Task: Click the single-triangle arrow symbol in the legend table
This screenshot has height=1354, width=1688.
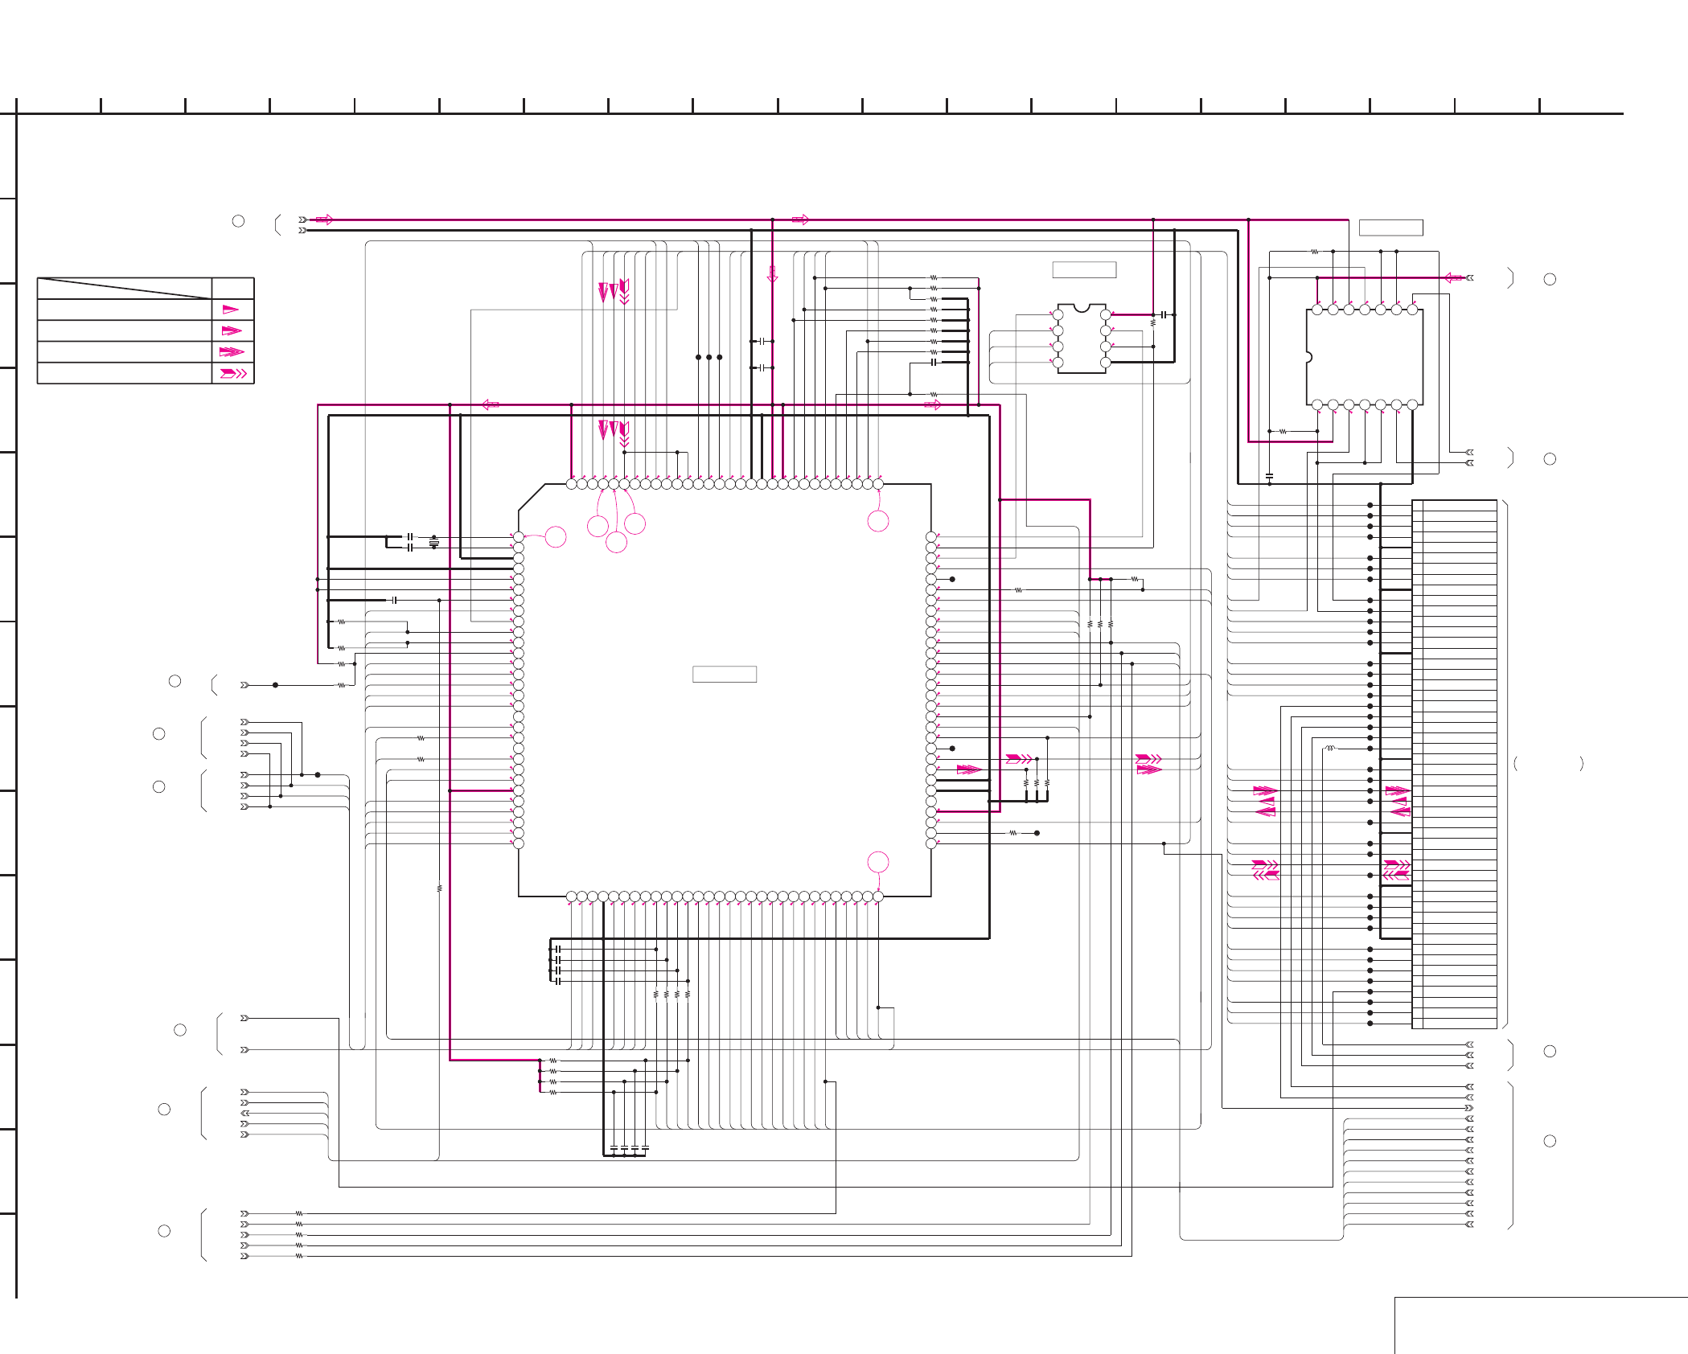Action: tap(231, 310)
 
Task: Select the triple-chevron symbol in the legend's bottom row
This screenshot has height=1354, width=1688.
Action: tap(233, 373)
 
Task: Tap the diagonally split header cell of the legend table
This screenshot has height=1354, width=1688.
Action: tap(125, 288)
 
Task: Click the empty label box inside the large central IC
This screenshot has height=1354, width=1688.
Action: tap(724, 674)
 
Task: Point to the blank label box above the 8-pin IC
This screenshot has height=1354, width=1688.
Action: tap(1084, 270)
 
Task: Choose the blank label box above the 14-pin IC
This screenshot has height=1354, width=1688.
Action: tap(1390, 228)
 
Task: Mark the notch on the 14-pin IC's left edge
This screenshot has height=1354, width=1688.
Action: tap(1308, 357)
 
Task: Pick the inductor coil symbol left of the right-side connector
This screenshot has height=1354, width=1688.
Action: tap(1330, 749)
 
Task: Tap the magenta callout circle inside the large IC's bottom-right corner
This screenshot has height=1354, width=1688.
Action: tap(878, 862)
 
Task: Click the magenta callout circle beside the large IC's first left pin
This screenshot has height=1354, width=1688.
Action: tap(556, 536)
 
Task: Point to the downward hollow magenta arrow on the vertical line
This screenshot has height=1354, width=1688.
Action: tap(772, 274)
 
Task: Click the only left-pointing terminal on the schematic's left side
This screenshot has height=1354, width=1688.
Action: tap(244, 1113)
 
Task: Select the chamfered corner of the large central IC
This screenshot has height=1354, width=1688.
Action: tap(531, 497)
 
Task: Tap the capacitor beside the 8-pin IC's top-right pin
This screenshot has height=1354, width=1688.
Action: tap(1163, 314)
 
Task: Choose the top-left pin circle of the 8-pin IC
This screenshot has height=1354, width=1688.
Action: tap(1058, 314)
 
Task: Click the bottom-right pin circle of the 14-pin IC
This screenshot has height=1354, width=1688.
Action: tap(1412, 404)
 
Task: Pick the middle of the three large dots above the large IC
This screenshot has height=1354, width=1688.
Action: tap(708, 357)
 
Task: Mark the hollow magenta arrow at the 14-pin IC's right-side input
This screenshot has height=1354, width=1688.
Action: tap(1453, 278)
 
